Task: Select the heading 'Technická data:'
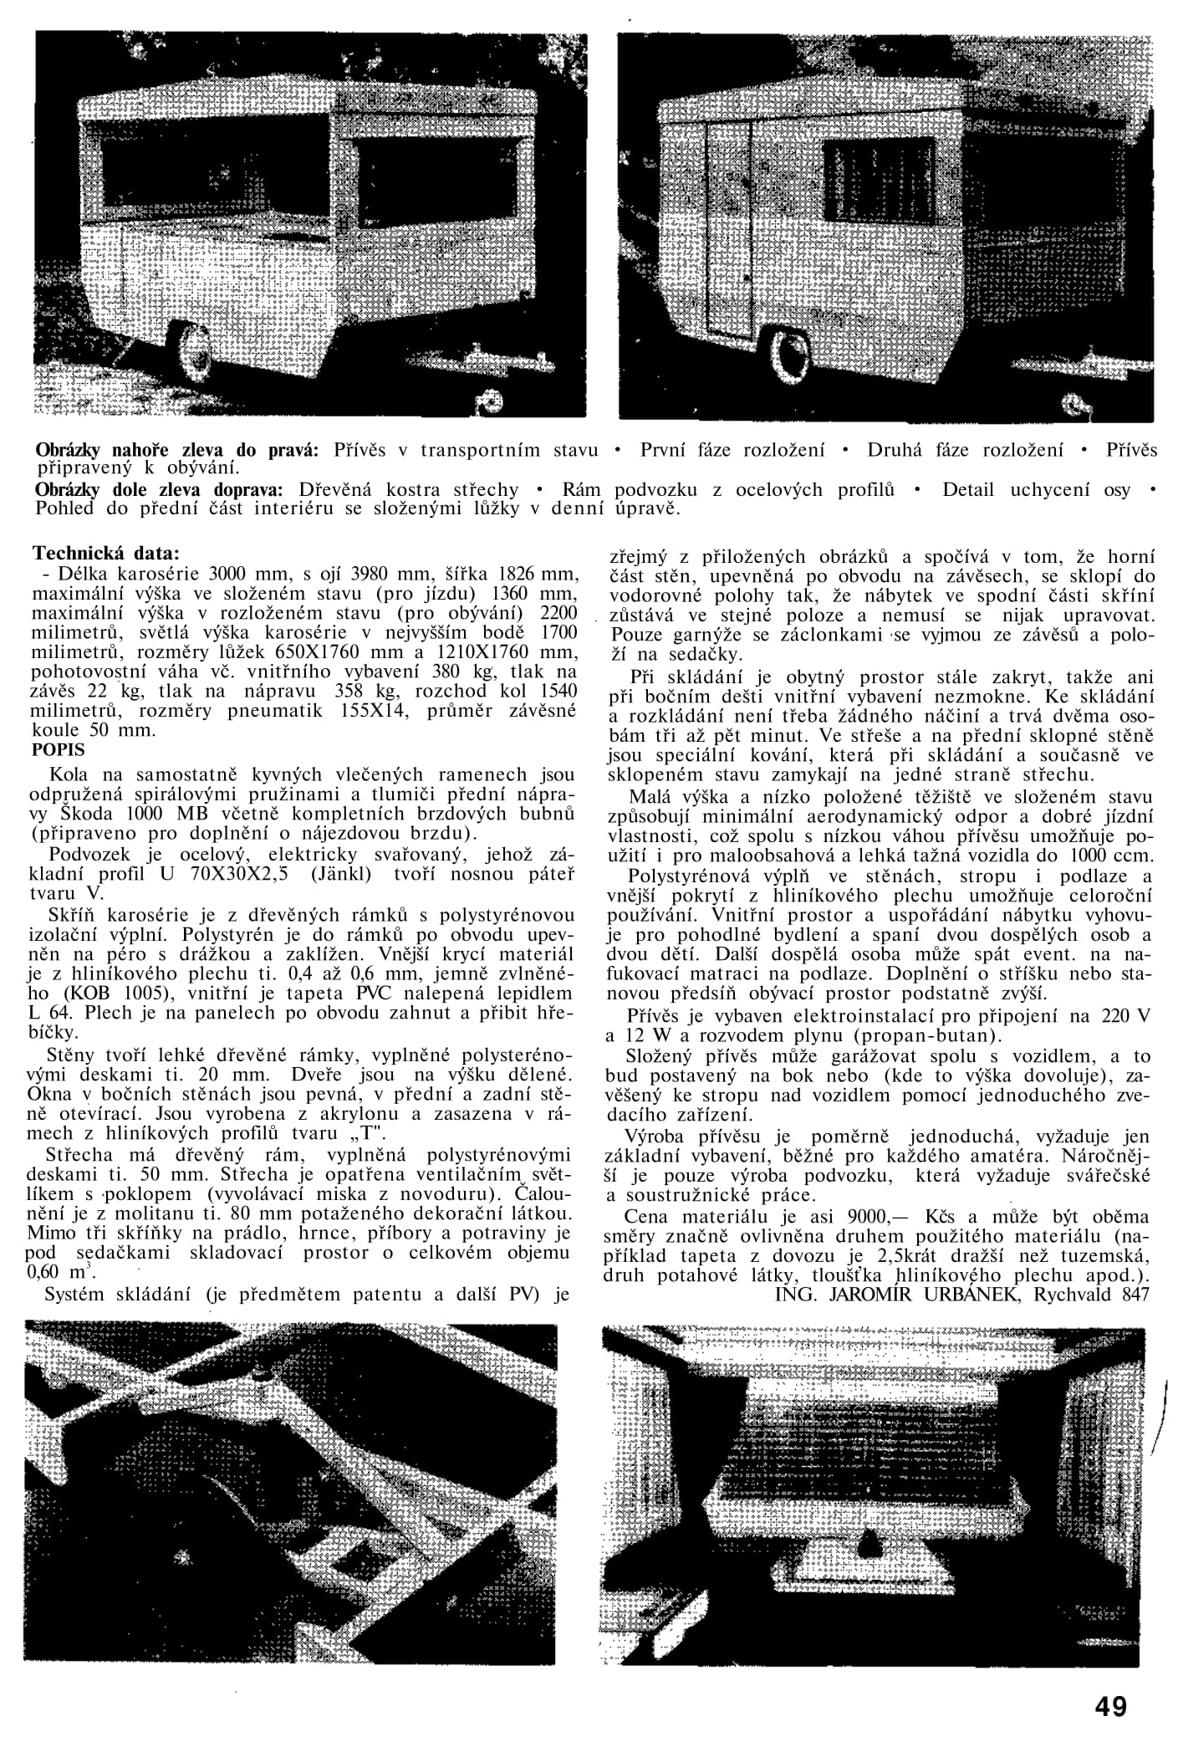105,554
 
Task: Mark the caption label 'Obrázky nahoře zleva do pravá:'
176,450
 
